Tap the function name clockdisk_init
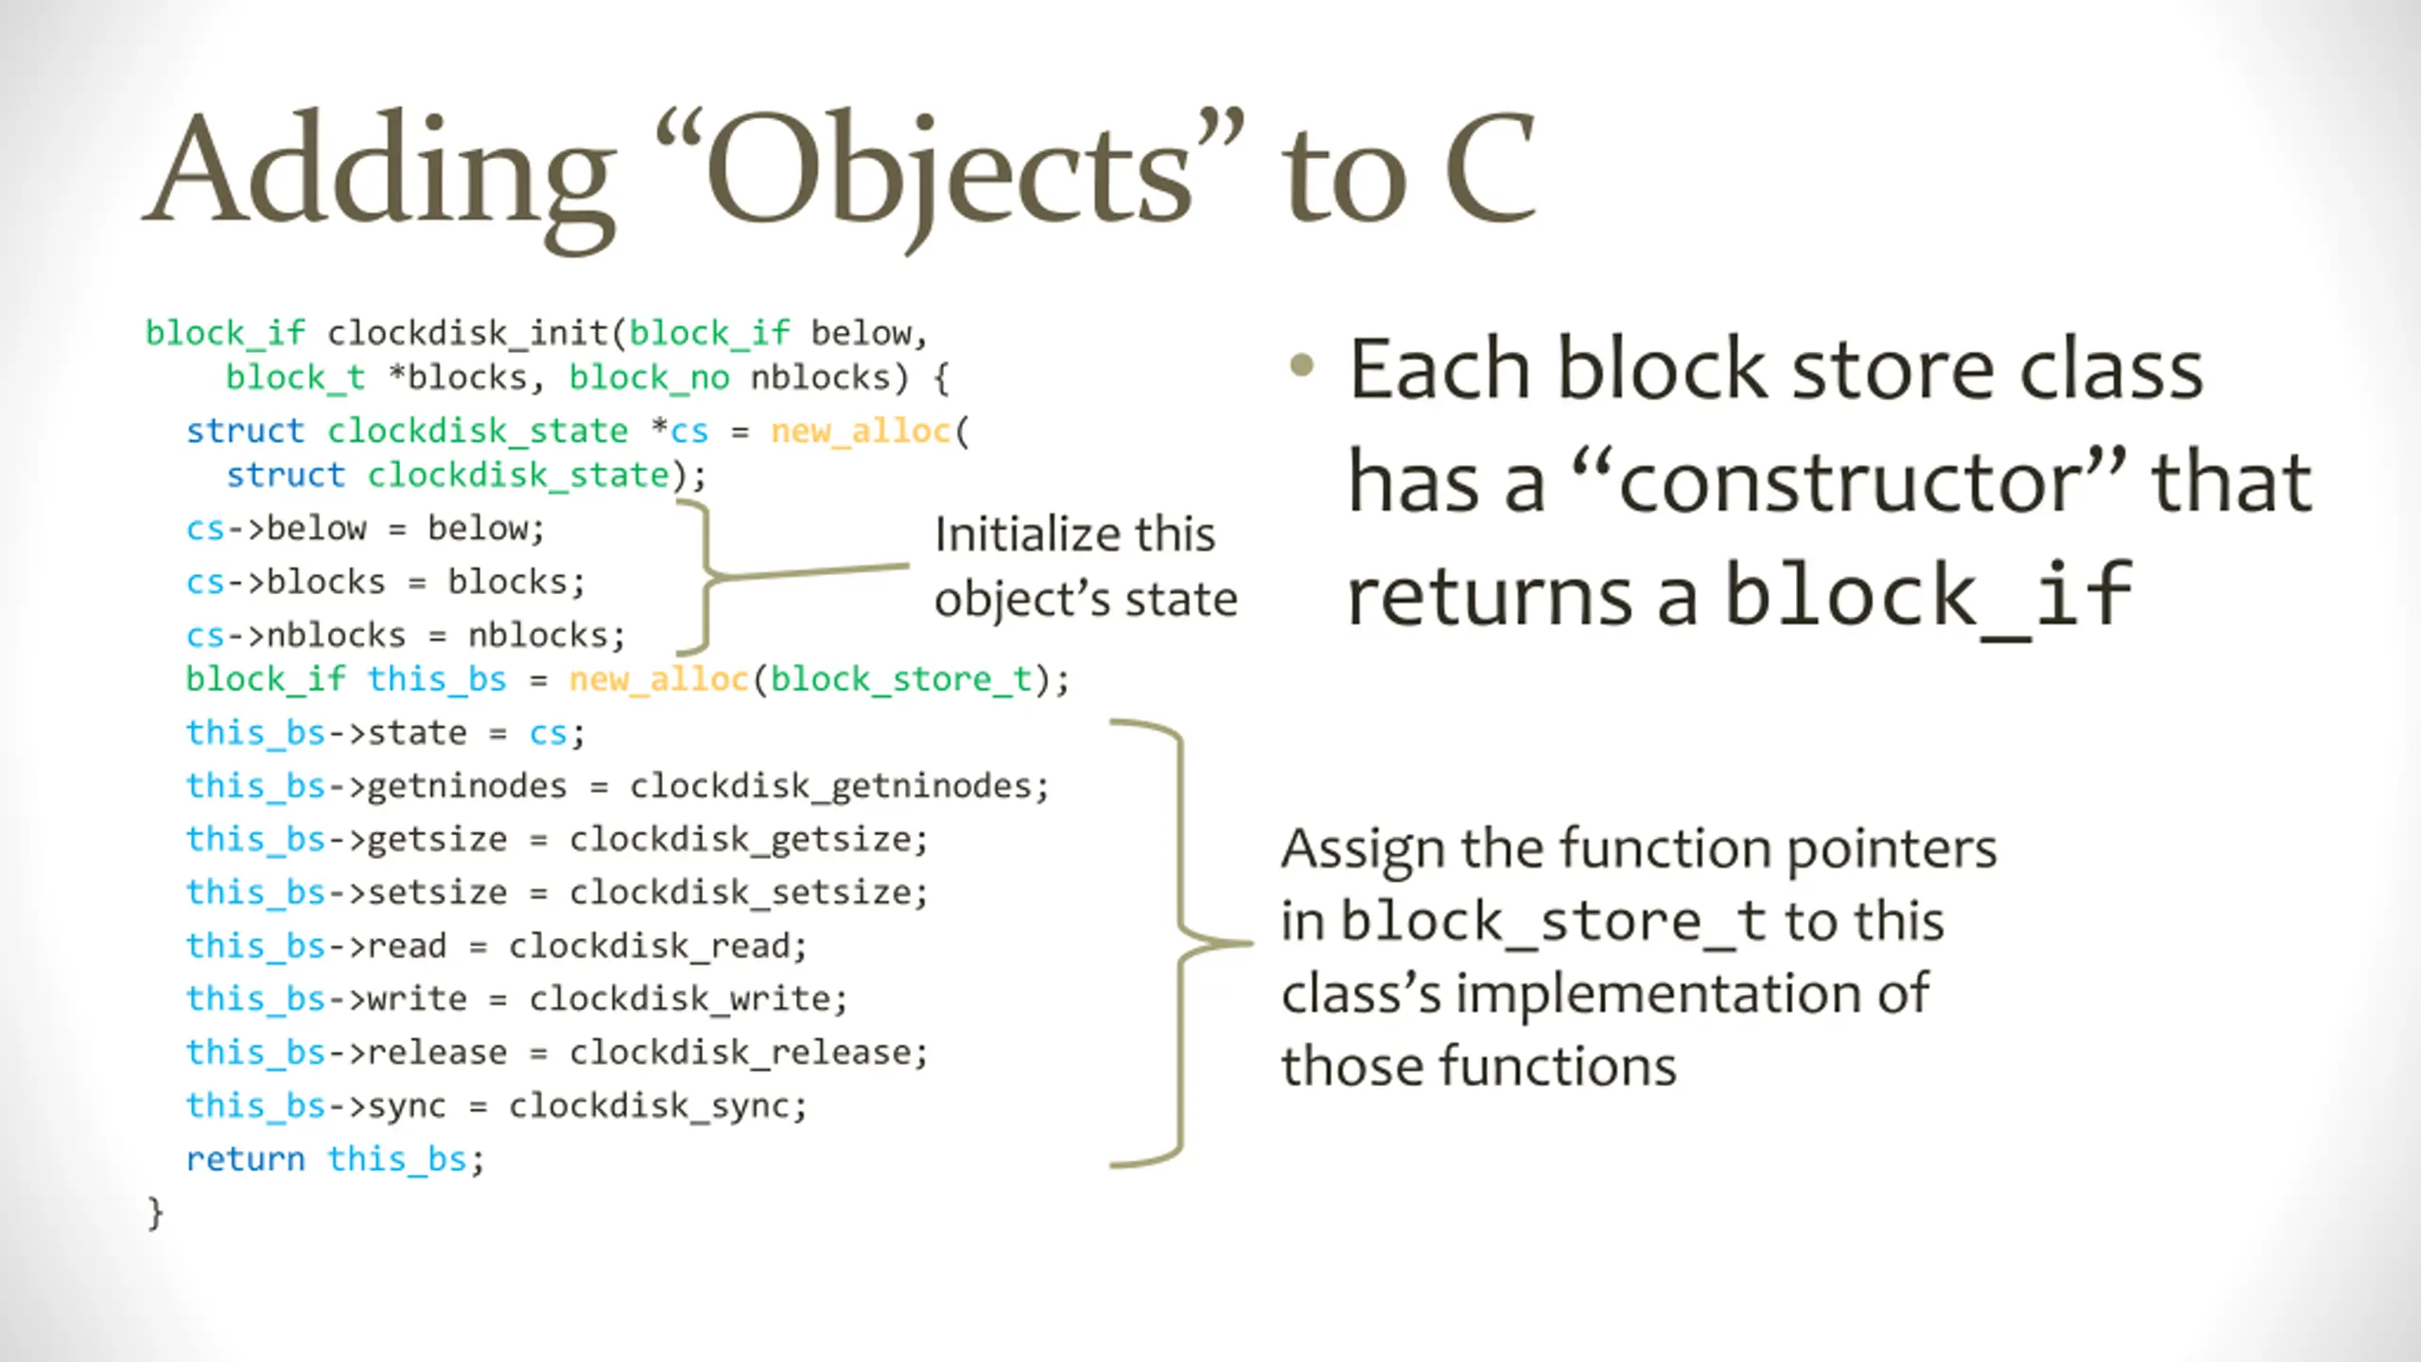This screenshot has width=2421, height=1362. tap(467, 333)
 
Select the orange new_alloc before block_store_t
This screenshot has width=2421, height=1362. tap(658, 679)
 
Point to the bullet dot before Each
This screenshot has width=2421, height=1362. tap(1302, 365)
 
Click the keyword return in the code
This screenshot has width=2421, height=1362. tap(245, 1159)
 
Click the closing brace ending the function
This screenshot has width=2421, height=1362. tap(155, 1213)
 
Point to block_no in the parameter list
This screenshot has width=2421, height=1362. tap(649, 377)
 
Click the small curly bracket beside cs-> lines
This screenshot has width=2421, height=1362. tap(705, 576)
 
